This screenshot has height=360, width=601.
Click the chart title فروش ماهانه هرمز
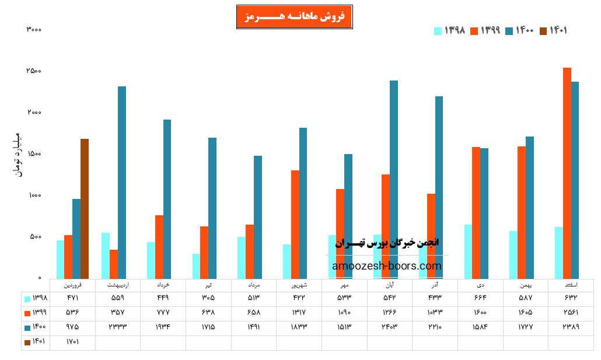(x=294, y=16)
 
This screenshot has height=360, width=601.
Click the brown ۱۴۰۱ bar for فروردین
(x=85, y=208)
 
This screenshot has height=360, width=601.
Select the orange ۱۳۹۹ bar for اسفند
(x=567, y=173)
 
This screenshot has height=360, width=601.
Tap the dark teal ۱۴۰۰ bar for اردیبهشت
(x=122, y=182)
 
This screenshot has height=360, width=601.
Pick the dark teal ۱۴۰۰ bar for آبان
(x=394, y=179)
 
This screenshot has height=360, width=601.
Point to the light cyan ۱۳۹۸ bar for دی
(x=468, y=251)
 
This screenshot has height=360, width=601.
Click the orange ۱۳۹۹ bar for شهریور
(x=295, y=224)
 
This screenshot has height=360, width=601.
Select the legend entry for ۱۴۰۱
(x=554, y=31)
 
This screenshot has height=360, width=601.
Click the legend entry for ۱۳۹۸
(x=450, y=31)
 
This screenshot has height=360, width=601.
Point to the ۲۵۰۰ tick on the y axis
(x=33, y=71)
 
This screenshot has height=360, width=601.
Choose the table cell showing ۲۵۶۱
(x=570, y=313)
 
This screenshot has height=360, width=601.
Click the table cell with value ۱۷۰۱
(x=72, y=342)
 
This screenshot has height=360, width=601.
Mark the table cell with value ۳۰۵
(x=208, y=299)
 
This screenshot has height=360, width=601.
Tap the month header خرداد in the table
(x=163, y=285)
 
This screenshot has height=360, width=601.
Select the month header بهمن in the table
(x=525, y=285)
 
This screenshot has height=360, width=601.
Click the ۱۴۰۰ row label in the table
(x=36, y=327)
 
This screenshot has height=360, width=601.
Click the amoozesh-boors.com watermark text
(x=387, y=266)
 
